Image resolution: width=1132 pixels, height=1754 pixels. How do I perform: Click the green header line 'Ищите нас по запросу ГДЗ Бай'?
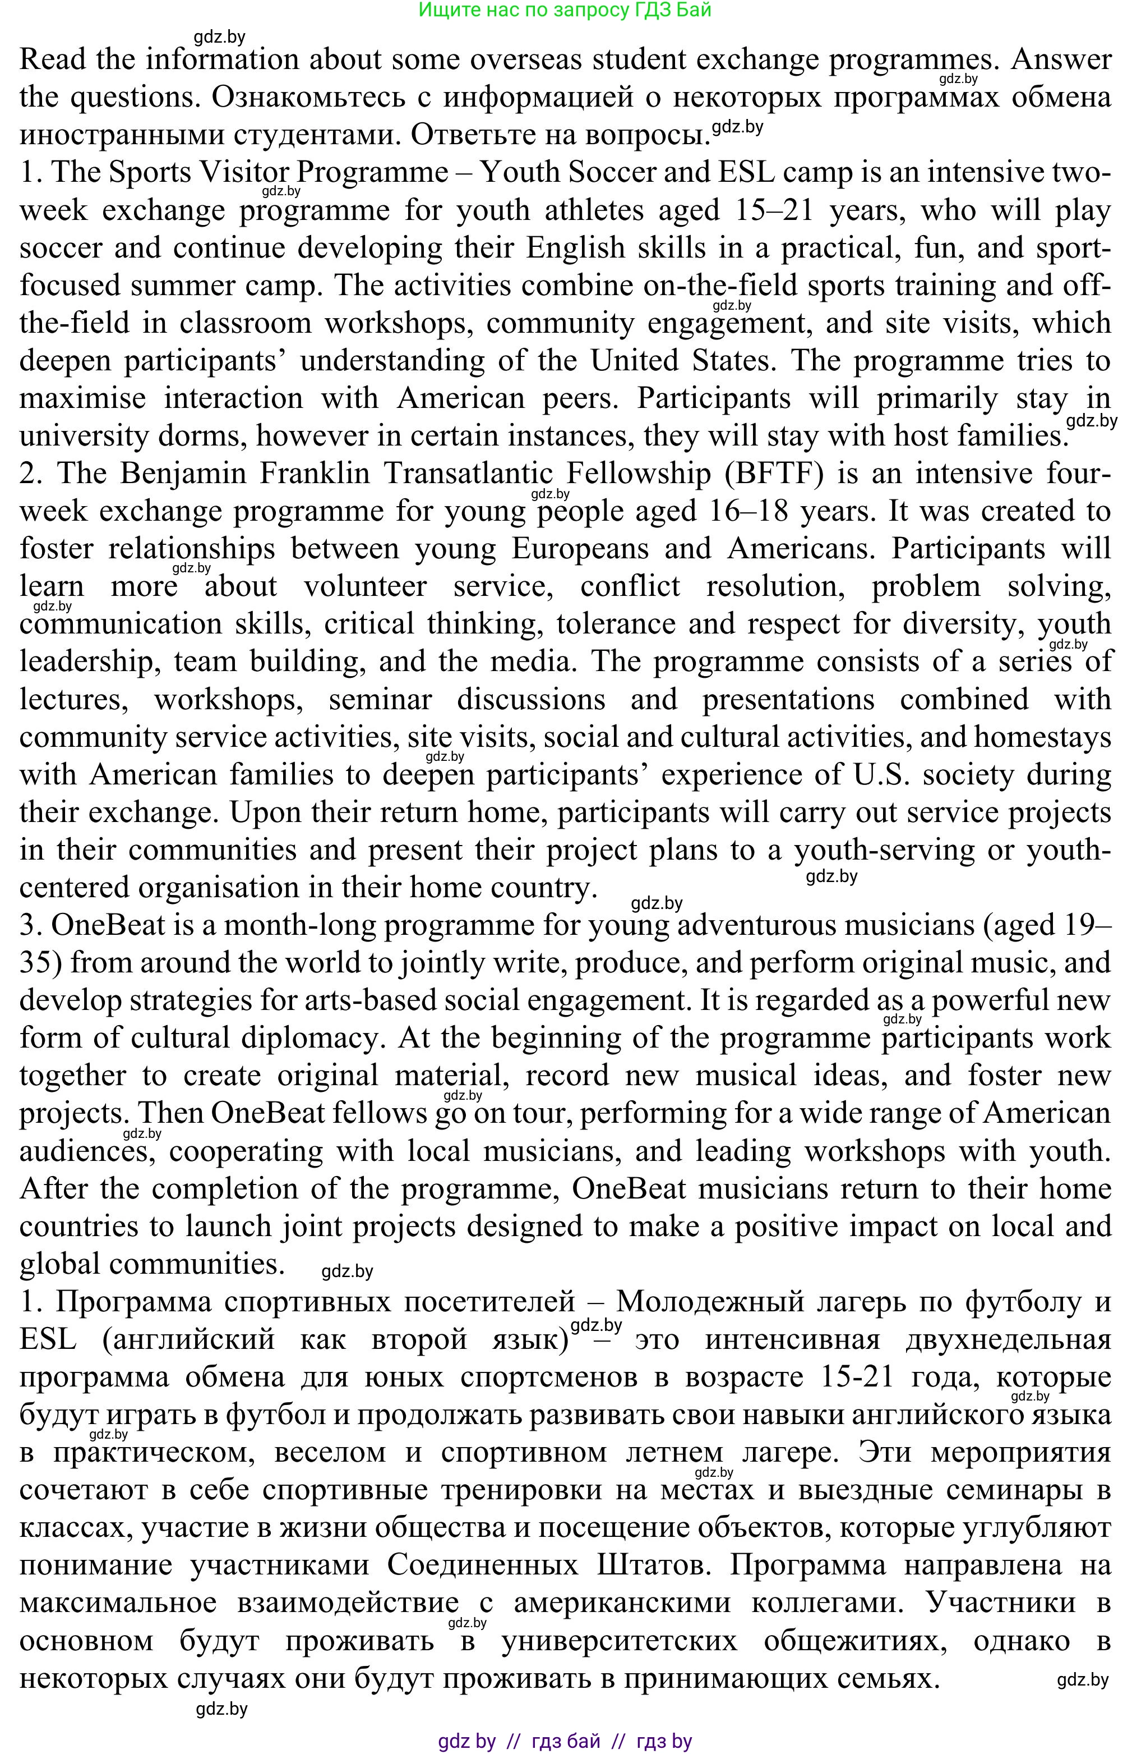565,10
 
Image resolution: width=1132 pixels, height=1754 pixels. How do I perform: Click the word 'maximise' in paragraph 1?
82,398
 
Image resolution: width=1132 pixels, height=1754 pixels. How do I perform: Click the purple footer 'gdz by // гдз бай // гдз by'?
565,1741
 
